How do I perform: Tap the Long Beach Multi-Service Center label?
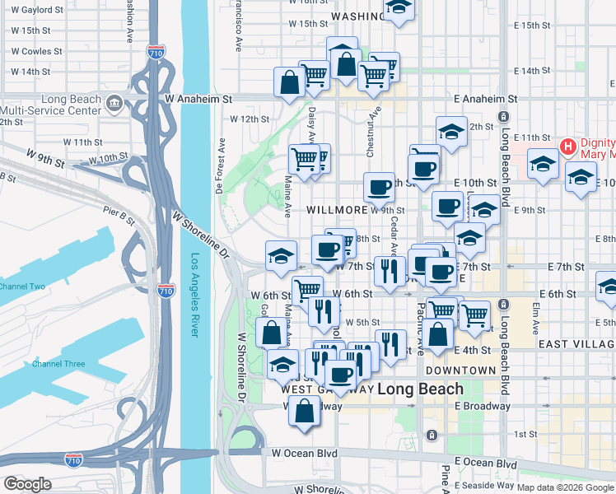tap(51, 105)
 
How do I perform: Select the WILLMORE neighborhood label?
tap(336, 210)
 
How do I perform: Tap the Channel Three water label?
tap(58, 363)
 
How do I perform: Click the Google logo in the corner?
tap(27, 484)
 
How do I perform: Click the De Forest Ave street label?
tap(221, 165)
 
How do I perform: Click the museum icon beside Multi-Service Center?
tap(114, 105)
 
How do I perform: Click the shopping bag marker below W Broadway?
tap(305, 410)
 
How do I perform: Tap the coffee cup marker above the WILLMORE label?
tap(379, 187)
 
